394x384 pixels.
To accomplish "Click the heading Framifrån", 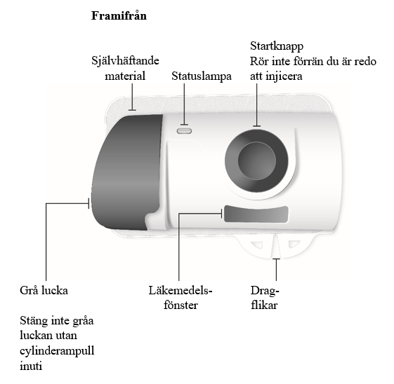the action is pyautogui.click(x=119, y=16).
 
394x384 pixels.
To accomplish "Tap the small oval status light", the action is pyautogui.click(x=184, y=131).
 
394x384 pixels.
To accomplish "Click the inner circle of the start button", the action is pyautogui.click(x=256, y=160).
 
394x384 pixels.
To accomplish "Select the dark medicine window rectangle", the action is pyautogui.click(x=256, y=214).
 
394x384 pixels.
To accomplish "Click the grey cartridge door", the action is pyautogui.click(x=126, y=172).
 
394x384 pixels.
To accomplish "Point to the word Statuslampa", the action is pyautogui.click(x=202, y=76).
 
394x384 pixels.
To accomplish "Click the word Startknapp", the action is pyautogui.click(x=277, y=46).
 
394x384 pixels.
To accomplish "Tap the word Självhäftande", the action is pyautogui.click(x=125, y=61).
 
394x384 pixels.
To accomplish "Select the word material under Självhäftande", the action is pyautogui.click(x=125, y=76).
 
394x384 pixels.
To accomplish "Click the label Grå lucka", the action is pyautogui.click(x=44, y=291).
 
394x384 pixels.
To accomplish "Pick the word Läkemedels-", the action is pyautogui.click(x=180, y=291).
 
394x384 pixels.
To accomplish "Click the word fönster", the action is pyautogui.click(x=180, y=306).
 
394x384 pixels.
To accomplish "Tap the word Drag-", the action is pyautogui.click(x=265, y=292).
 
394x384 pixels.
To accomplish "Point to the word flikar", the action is pyautogui.click(x=264, y=306).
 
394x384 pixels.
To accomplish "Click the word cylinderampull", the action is pyautogui.click(x=57, y=351).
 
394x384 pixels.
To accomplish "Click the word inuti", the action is pyautogui.click(x=31, y=366).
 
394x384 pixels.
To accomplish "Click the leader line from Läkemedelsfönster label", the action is pyautogui.click(x=179, y=247).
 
